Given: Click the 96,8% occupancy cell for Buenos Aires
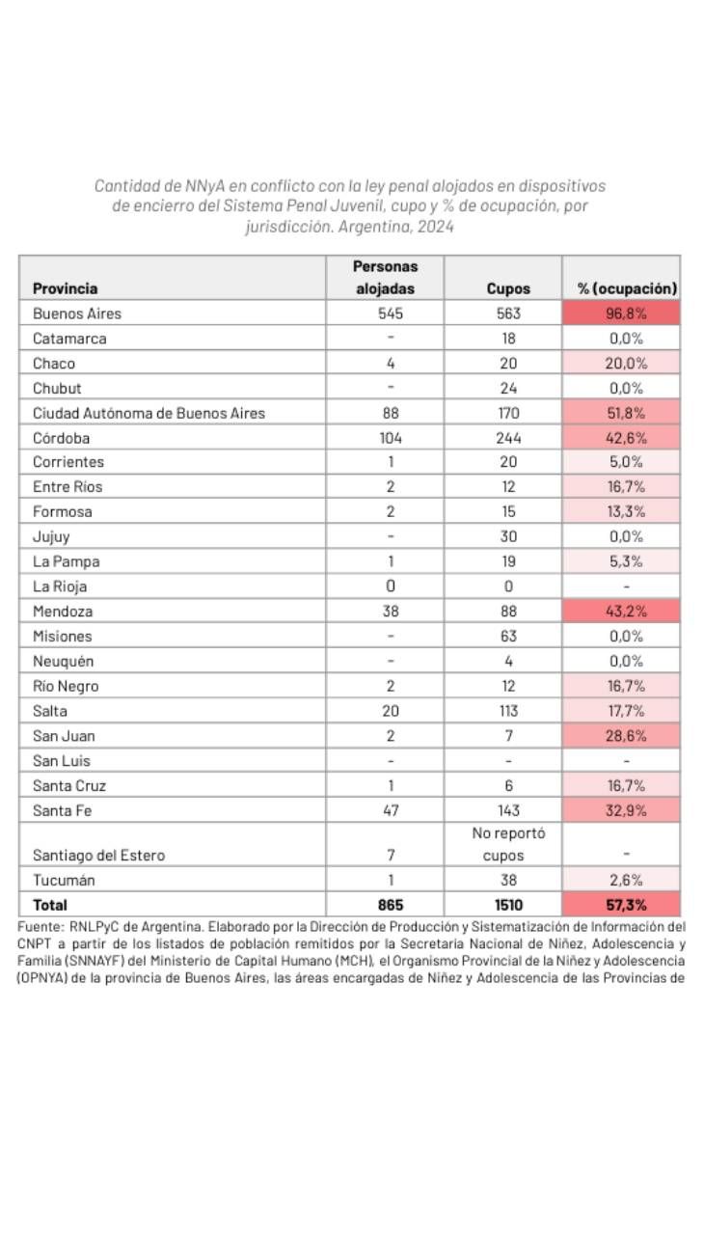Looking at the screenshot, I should point(625,313).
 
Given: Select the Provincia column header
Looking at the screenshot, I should point(65,288).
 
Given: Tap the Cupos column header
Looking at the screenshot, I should point(508,288).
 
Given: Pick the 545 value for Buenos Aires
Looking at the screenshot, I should point(391,313).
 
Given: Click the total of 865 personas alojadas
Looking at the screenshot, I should point(391,905).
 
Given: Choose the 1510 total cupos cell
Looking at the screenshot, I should point(508,905).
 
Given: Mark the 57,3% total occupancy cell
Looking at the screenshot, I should point(625,905).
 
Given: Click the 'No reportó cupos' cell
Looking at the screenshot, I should point(508,844).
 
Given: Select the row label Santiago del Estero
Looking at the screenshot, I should point(98,856).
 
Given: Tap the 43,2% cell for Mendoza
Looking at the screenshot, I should point(625,611).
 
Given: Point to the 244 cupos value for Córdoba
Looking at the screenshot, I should point(508,437).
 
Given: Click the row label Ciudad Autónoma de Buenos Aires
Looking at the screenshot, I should point(149,413).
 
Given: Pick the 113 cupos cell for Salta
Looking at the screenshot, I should point(508,710).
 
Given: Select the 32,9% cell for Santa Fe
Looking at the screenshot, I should point(625,809).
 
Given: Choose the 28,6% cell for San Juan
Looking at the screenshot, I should point(625,735).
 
